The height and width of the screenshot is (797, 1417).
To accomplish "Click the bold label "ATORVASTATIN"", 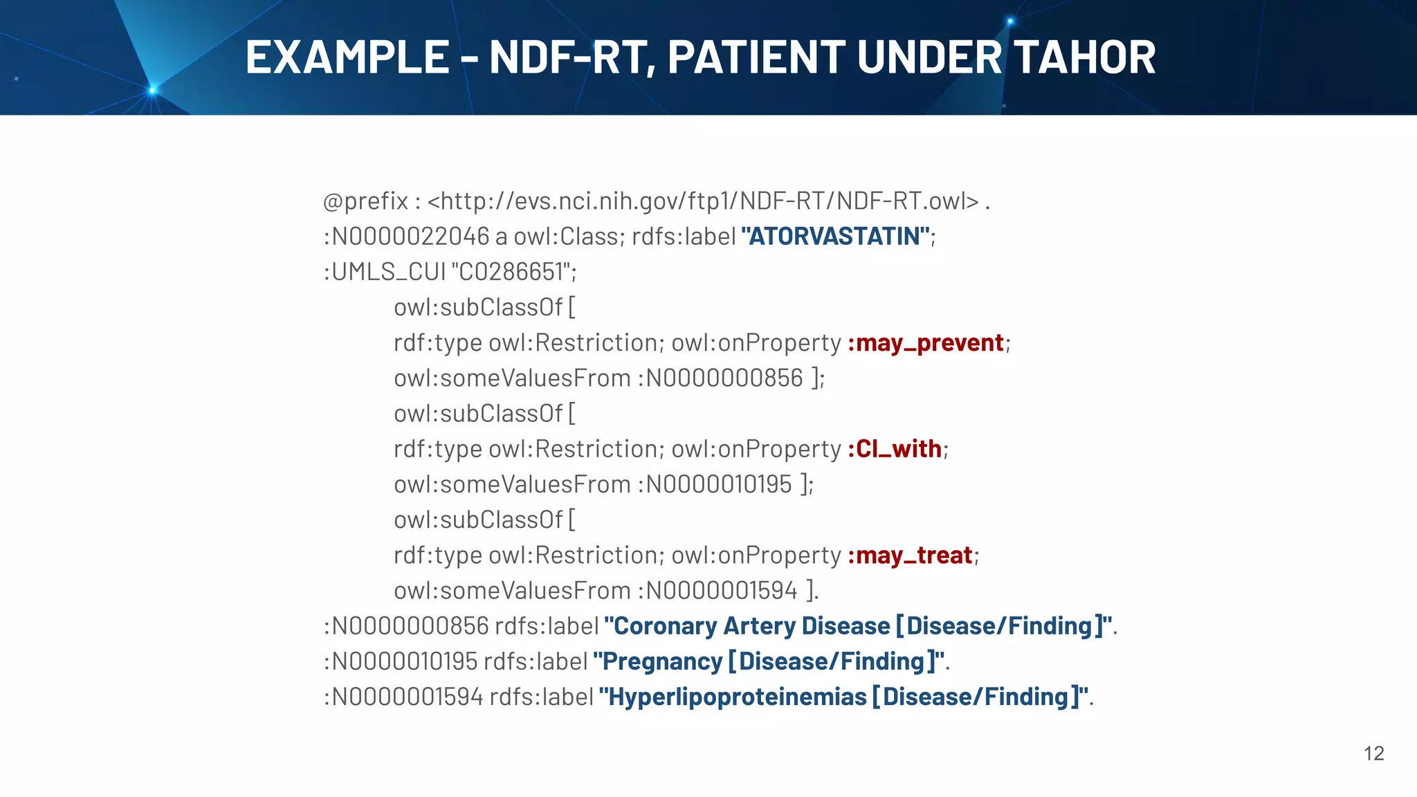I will coord(836,237).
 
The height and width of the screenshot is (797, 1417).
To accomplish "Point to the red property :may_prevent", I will coord(926,343).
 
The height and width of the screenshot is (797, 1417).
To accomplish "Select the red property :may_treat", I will coord(911,556).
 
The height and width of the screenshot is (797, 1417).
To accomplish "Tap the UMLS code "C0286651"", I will coord(513,272).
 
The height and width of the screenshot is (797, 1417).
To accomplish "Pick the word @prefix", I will coord(365,201).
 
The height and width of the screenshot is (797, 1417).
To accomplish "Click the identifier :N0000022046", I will coord(407,237).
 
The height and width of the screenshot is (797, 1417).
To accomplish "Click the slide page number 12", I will coord(1373,753).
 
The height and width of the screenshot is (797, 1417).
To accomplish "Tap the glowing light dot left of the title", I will coord(153,89).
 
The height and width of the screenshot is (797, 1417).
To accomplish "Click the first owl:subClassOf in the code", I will coord(478,307).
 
